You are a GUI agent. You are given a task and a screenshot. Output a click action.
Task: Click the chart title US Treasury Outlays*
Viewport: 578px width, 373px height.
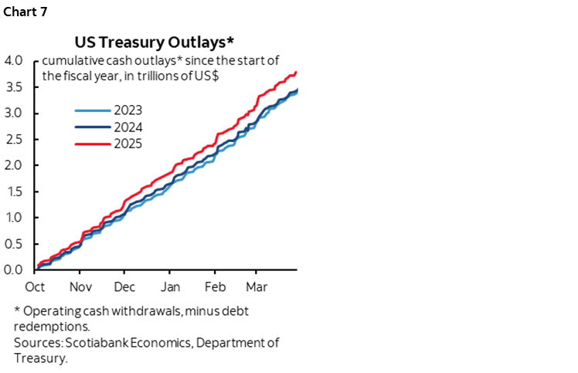coord(164,40)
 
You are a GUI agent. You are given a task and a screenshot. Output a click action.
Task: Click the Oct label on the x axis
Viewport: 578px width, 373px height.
coord(36,287)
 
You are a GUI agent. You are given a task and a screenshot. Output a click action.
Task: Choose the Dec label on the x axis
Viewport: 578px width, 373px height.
coord(125,287)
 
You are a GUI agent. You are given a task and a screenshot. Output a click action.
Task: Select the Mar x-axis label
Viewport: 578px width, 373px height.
coord(257,287)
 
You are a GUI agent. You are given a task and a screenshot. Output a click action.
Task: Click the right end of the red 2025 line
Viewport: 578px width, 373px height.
coord(297,72)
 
